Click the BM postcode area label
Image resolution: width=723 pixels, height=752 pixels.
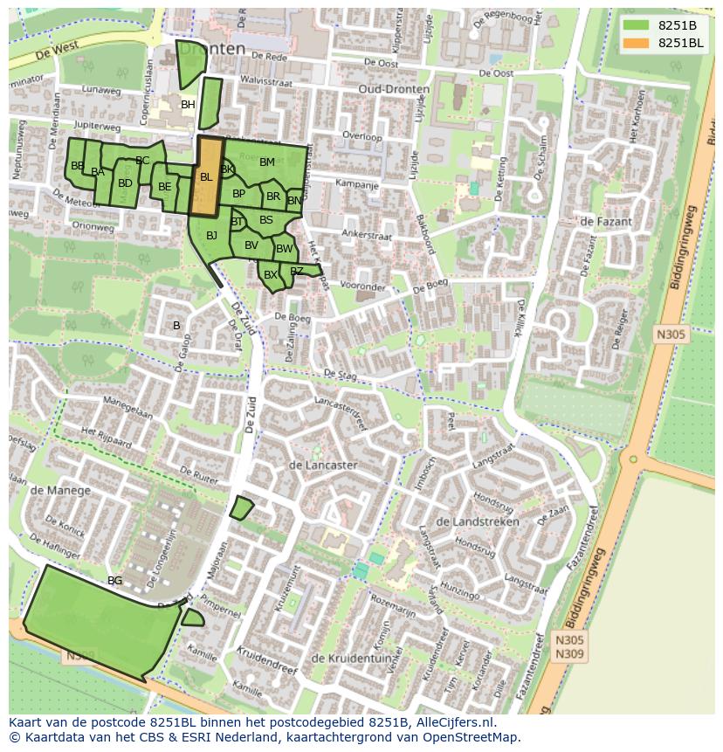[x=267, y=162]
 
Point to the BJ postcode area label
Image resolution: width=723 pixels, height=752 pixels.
[x=211, y=235]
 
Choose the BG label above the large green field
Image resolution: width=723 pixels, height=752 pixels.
[x=114, y=580]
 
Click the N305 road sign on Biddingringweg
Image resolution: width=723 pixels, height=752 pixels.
[x=671, y=334]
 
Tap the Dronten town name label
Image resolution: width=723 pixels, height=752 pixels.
[x=212, y=49]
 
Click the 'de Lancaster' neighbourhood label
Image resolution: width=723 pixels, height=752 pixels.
[x=322, y=466]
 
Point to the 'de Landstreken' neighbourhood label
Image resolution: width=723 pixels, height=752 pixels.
[x=477, y=521]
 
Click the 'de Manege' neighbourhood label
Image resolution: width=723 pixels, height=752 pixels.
[x=60, y=490]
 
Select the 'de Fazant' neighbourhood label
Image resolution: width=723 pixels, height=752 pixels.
[x=605, y=222]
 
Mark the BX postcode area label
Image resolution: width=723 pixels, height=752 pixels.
[x=271, y=275]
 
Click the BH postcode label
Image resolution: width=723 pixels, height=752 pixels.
[x=188, y=105]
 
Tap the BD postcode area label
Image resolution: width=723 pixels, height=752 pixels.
[x=125, y=183]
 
